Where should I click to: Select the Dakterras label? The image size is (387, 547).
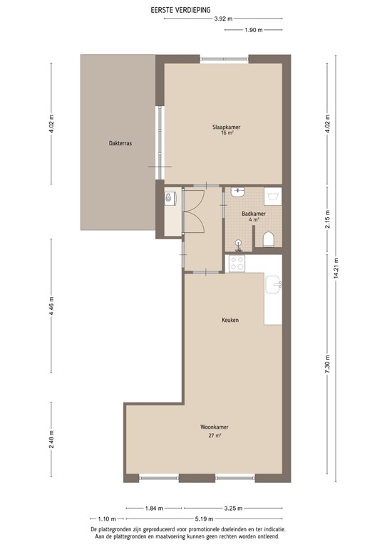click(120, 142)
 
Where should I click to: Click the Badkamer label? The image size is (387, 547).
click(253, 214)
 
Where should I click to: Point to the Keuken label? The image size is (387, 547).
click(229, 321)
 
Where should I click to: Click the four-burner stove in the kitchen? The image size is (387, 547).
click(237, 264)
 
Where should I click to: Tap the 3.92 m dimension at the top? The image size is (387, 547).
click(222, 19)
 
